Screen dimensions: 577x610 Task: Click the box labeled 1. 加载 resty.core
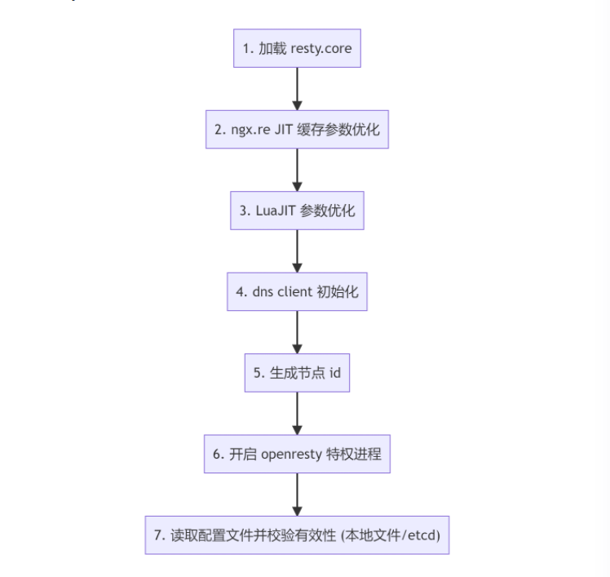click(x=297, y=48)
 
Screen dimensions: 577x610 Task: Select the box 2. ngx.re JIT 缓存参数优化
click(x=297, y=129)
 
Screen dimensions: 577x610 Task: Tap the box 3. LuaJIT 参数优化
click(x=297, y=210)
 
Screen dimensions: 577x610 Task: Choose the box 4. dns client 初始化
click(x=297, y=291)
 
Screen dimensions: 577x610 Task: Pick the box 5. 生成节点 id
click(x=297, y=372)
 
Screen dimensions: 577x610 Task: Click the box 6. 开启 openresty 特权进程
click(x=297, y=453)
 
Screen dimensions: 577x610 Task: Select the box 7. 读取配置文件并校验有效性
click(x=297, y=535)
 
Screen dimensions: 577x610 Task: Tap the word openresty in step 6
click(x=294, y=454)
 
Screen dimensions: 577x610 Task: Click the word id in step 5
click(x=334, y=372)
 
